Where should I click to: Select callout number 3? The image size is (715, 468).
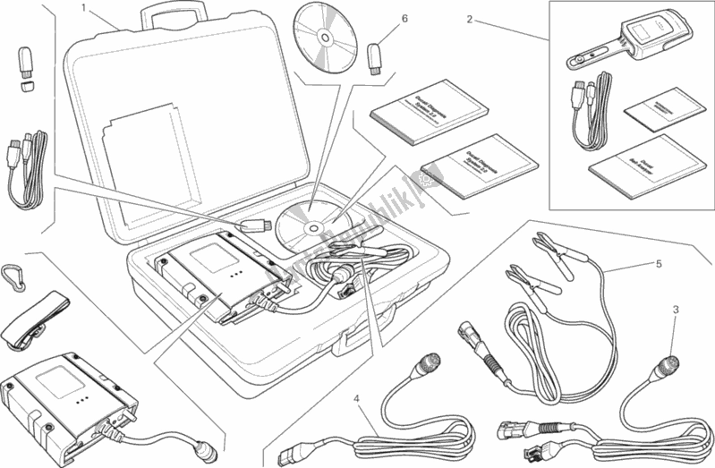[676, 309]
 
